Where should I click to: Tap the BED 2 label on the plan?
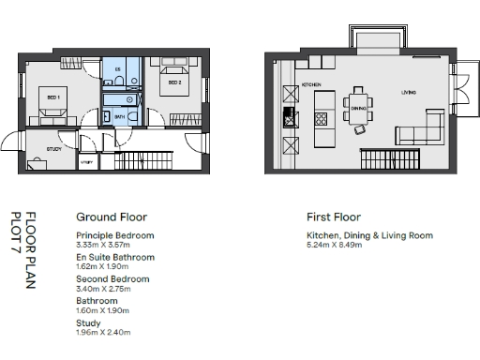(173, 82)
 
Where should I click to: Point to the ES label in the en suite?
(117, 70)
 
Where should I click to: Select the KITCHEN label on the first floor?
(312, 85)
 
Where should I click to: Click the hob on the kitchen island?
(321, 119)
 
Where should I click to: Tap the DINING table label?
(357, 108)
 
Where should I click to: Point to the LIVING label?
(409, 93)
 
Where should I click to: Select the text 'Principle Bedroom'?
(114, 235)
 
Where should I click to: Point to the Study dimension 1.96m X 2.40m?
(103, 332)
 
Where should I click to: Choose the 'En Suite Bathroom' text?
(115, 257)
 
